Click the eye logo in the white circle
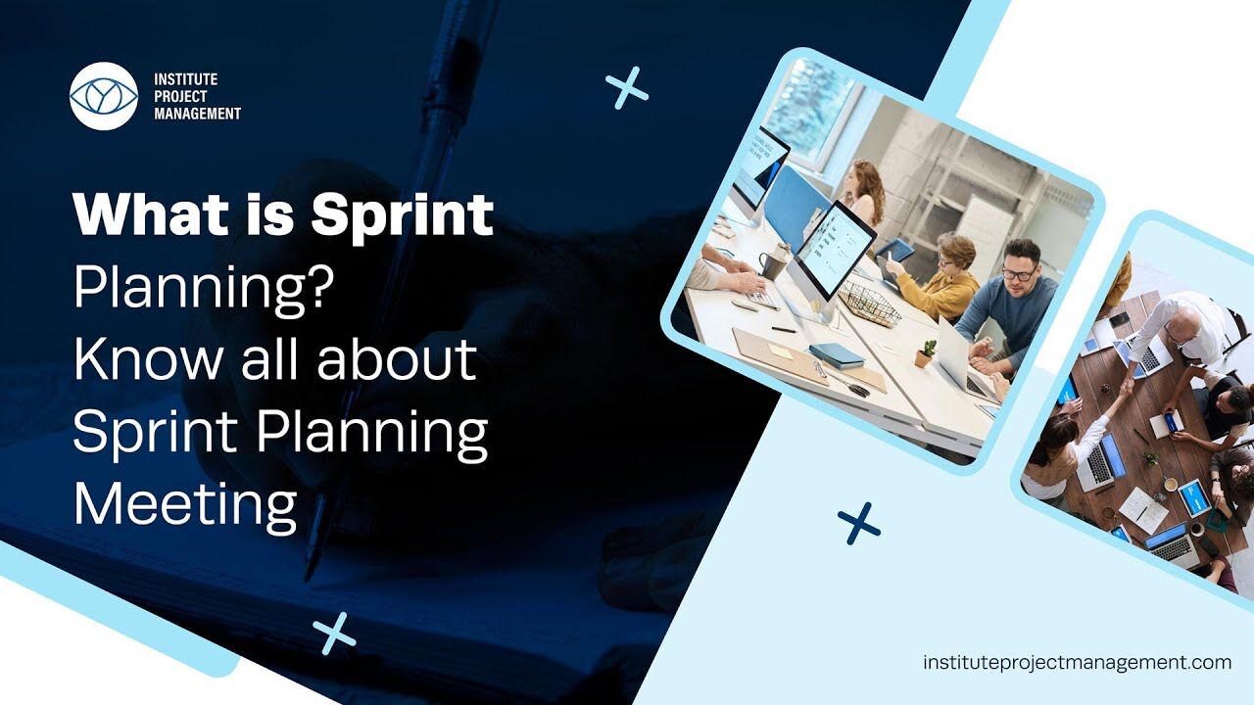104,96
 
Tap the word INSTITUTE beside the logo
186,79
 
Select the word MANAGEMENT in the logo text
198,114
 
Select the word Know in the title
148,359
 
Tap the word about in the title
397,359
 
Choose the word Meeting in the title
185,506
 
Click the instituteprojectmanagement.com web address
1077,663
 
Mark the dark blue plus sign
859,524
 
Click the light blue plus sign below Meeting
334,634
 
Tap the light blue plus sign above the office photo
627,88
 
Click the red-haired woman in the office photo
864,193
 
